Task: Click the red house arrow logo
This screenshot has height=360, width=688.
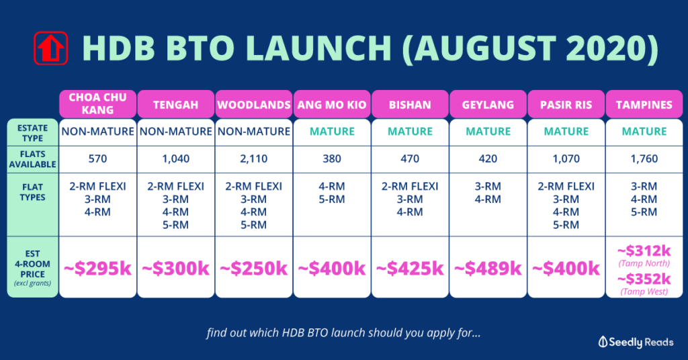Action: [x=51, y=48]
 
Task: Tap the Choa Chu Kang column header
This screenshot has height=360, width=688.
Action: [x=97, y=104]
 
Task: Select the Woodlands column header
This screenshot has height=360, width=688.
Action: [x=253, y=104]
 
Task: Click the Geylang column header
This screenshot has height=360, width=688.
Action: [x=488, y=104]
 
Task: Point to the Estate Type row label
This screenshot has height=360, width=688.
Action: [x=32, y=133]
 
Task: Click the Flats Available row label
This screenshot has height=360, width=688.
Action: [x=32, y=159]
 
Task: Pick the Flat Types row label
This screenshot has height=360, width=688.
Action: [x=32, y=192]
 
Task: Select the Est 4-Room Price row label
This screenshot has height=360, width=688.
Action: [x=32, y=267]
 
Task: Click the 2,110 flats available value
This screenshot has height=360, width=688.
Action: [x=253, y=159]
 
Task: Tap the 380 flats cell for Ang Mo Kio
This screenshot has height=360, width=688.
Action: [x=332, y=159]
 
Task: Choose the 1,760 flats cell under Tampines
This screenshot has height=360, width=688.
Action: [x=644, y=159]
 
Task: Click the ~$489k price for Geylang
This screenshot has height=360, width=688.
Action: [x=488, y=268]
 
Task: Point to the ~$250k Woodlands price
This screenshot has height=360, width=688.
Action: [x=253, y=268]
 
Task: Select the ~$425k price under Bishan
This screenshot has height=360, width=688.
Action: [x=410, y=268]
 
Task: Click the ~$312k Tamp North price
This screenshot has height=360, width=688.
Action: [x=644, y=251]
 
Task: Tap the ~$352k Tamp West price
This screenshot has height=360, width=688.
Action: [x=644, y=279]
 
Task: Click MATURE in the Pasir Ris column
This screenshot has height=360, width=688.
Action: [x=566, y=131]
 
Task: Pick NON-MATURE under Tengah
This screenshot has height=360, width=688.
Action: [x=175, y=131]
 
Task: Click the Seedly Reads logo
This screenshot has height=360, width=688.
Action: [x=636, y=342]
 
